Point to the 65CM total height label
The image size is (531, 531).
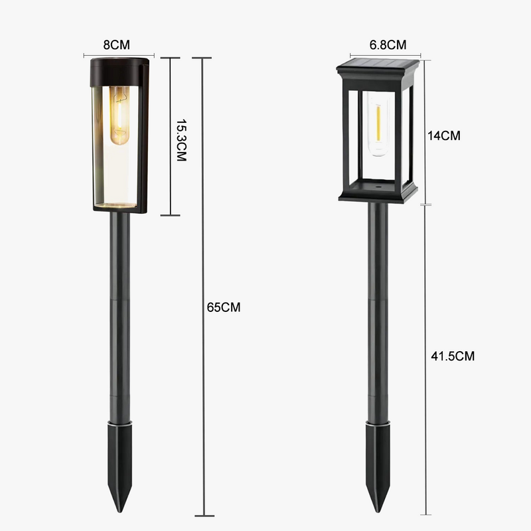point(224,307)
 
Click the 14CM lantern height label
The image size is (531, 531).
point(444,135)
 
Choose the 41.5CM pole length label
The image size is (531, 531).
point(453,356)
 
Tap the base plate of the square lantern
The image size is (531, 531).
point(378,192)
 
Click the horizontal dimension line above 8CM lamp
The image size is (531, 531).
point(119,55)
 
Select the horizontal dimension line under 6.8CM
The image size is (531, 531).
point(378,55)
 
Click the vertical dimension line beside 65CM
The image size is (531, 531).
point(203,285)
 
